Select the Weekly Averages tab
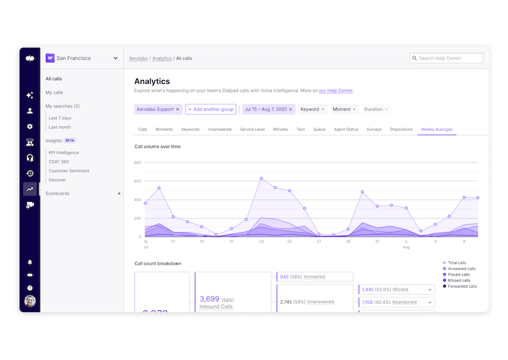pyautogui.click(x=436, y=129)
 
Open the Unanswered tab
pyautogui.click(x=219, y=129)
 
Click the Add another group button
pyautogui.click(x=210, y=109)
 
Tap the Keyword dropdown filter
pyautogui.click(x=313, y=109)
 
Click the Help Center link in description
pyautogui.click(x=336, y=91)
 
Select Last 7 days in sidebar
pyautogui.click(x=60, y=118)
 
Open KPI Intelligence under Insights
pyautogui.click(x=64, y=152)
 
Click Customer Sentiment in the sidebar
pyautogui.click(x=69, y=171)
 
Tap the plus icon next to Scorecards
pyautogui.click(x=119, y=194)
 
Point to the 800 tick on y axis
pyautogui.click(x=137, y=163)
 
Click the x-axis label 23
pyautogui.click(x=261, y=242)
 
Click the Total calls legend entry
pyautogui.click(x=457, y=263)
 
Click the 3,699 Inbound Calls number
pyautogui.click(x=210, y=298)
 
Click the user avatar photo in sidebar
pyautogui.click(x=30, y=301)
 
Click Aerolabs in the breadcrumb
pyautogui.click(x=139, y=59)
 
